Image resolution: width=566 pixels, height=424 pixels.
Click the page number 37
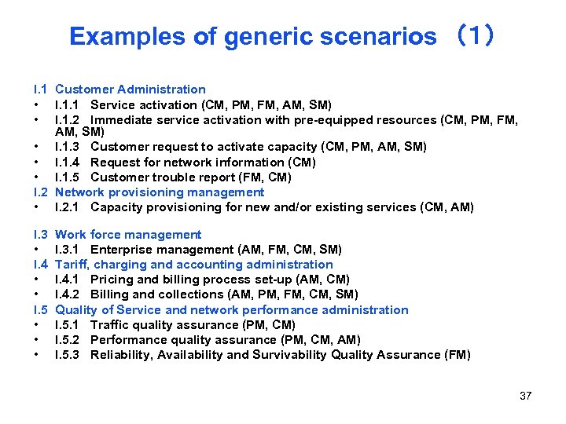[525, 396]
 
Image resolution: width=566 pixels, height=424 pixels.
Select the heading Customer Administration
[130, 90]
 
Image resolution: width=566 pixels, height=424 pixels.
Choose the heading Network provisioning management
[160, 192]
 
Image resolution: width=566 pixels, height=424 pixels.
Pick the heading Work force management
[128, 235]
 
